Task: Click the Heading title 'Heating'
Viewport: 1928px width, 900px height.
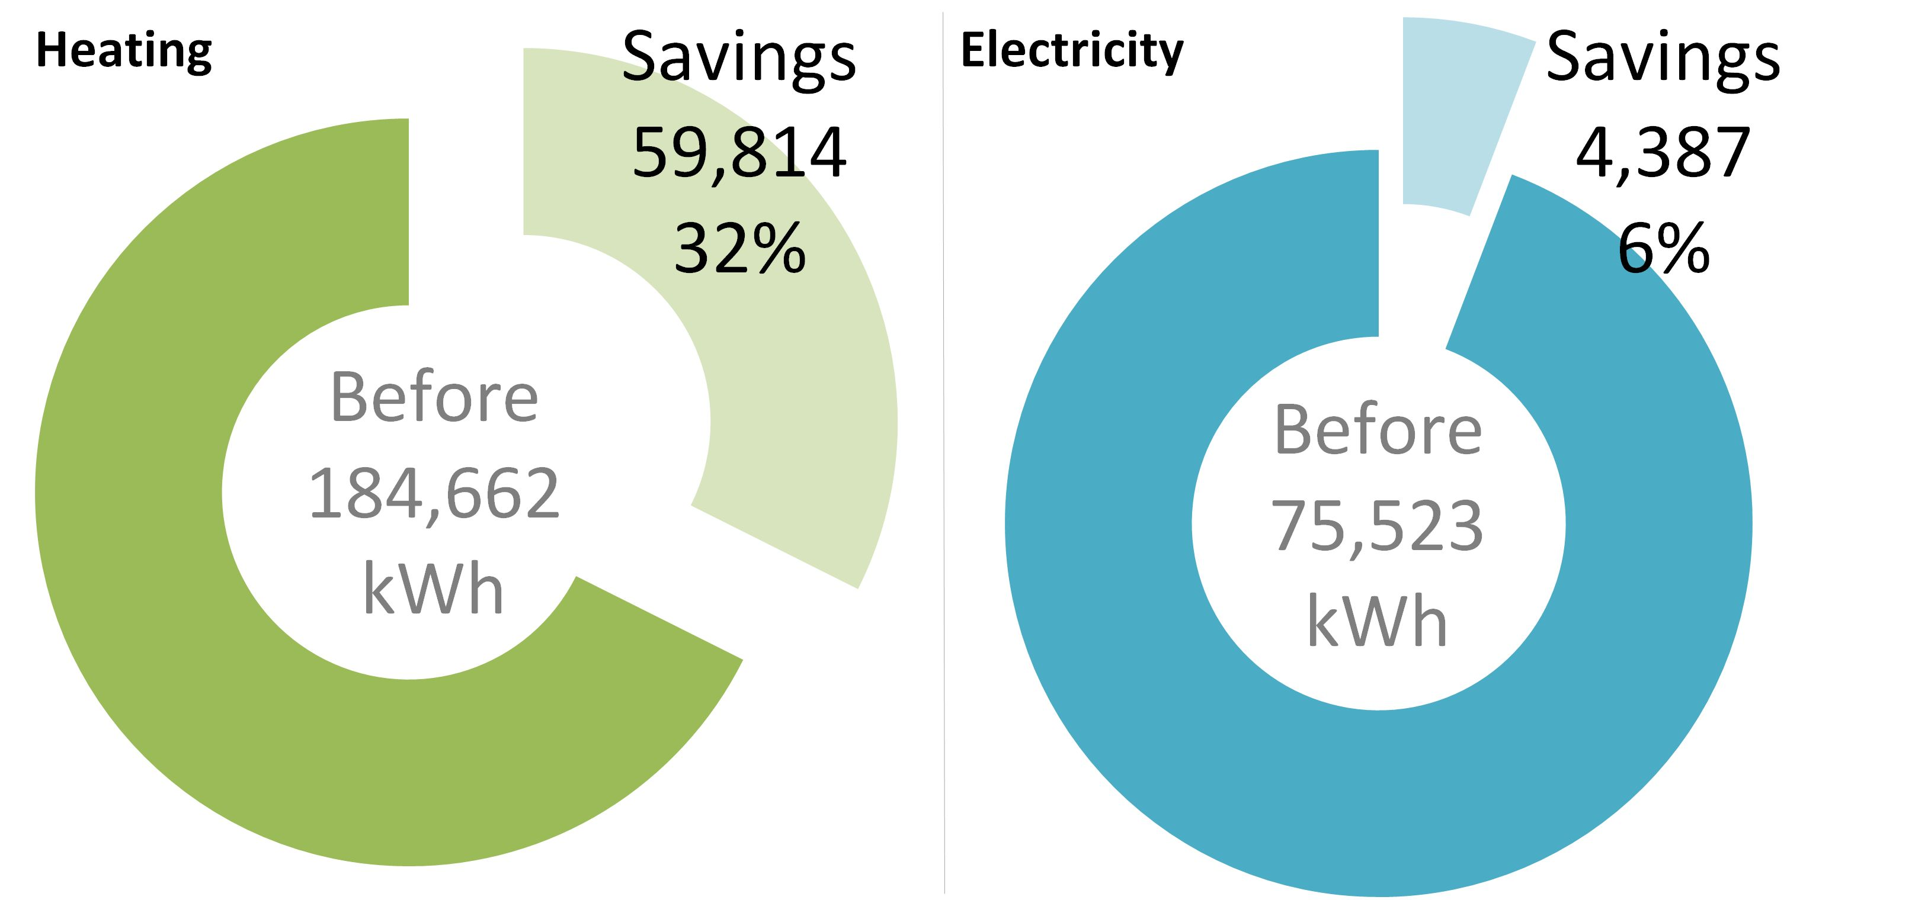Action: pos(124,51)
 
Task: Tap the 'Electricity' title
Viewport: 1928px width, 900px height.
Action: pos(1072,51)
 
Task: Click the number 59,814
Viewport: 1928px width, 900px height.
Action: pos(739,153)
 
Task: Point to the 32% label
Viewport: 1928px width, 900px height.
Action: pos(739,248)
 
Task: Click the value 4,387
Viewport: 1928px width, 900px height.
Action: pos(1663,153)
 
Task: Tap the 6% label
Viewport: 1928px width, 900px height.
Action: pos(1663,248)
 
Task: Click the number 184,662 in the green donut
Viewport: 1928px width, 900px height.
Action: pos(434,494)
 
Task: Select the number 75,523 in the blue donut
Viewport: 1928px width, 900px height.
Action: pos(1377,526)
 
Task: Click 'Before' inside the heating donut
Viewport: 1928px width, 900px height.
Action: pos(434,397)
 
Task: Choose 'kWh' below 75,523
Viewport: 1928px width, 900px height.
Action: pos(1377,622)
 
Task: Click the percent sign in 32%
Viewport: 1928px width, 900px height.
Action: pos(779,248)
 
